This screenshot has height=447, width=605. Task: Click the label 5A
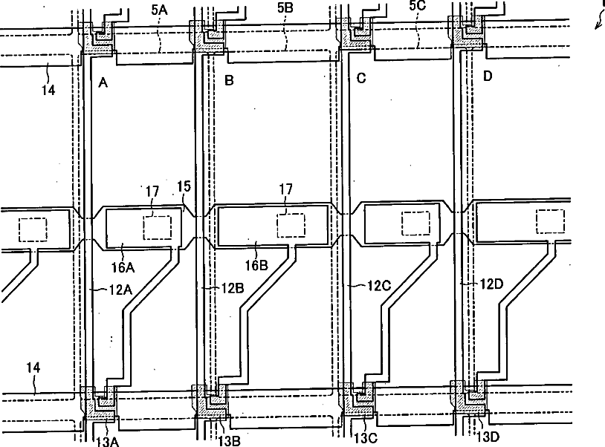[x=159, y=10]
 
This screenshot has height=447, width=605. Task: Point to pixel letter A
[x=103, y=83]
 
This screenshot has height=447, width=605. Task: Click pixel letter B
[x=229, y=80]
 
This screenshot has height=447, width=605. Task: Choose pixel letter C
[x=361, y=78]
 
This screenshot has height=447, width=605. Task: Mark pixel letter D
[x=488, y=76]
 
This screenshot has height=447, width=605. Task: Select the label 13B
[x=229, y=440]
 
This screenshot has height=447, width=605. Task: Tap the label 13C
[x=365, y=438]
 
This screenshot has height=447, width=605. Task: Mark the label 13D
[x=488, y=437]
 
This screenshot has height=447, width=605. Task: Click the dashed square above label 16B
[x=291, y=224]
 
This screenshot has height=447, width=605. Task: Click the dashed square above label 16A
[x=158, y=226]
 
